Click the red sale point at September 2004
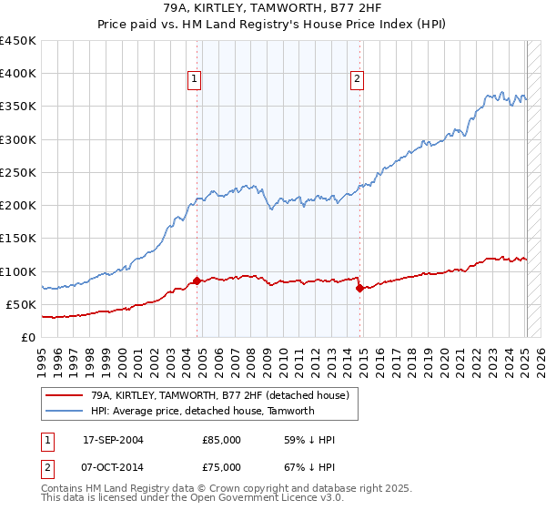[x=197, y=281]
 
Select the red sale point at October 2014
[x=359, y=288]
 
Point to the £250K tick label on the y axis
[x=17, y=172]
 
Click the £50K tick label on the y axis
[x=21, y=304]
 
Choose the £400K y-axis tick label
[x=17, y=74]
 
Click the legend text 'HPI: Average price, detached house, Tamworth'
[x=202, y=411]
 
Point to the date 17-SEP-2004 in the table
[x=113, y=441]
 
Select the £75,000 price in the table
[x=222, y=466]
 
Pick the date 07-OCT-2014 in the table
[x=113, y=466]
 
